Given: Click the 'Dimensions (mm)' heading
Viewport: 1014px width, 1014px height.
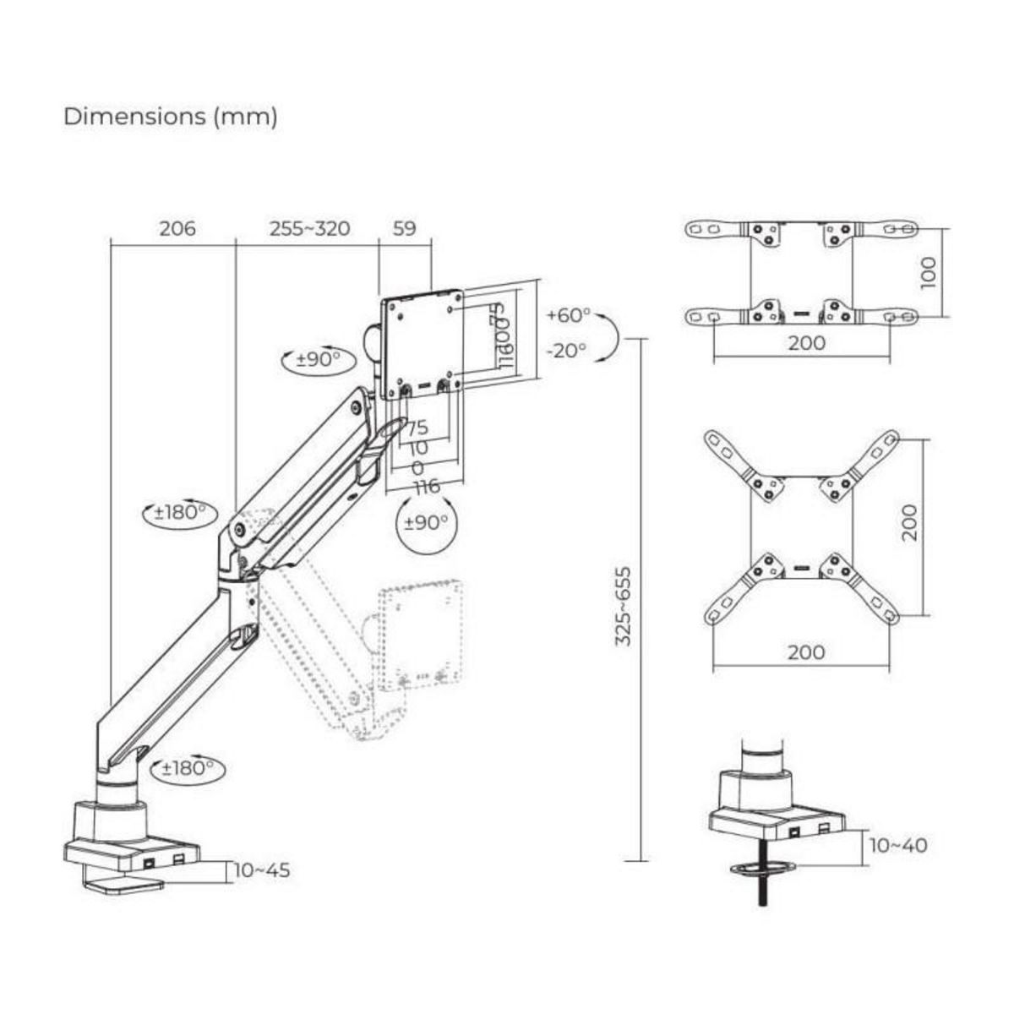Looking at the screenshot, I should tap(170, 117).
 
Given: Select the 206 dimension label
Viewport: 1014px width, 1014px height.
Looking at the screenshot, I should tap(177, 228).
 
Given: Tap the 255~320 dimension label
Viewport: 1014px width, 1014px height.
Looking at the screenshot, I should tap(309, 228).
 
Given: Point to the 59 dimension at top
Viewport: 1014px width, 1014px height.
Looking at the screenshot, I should tap(405, 228).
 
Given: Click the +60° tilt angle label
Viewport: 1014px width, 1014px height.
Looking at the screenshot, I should tap(568, 315).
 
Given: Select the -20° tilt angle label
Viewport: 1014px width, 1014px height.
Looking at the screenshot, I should tap(566, 350).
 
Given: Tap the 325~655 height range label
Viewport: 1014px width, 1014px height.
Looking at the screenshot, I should tap(624, 606).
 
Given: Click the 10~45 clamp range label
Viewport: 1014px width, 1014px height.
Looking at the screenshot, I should tap(262, 870).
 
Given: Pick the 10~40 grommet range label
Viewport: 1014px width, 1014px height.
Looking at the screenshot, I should tap(897, 845).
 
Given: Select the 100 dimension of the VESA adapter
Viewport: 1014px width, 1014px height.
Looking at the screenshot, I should tap(929, 273).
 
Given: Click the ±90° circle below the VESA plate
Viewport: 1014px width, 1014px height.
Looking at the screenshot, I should tap(426, 522).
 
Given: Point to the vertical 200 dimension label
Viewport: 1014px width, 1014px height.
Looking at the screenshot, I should tap(909, 523).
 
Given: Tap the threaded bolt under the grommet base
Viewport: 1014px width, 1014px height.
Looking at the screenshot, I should tap(763, 887).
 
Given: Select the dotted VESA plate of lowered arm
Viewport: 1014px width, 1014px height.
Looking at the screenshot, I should tap(420, 634).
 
